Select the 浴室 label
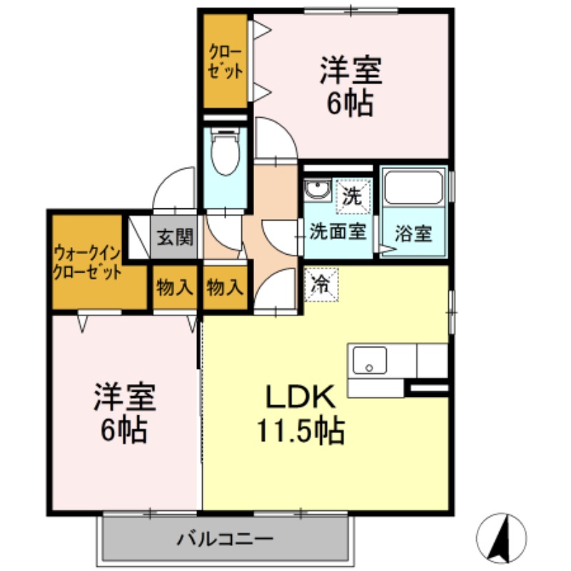[414, 233]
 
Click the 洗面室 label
[338, 232]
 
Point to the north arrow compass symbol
[502, 537]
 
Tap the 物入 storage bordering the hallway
[225, 288]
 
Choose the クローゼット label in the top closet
[225, 62]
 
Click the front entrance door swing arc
[175, 189]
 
